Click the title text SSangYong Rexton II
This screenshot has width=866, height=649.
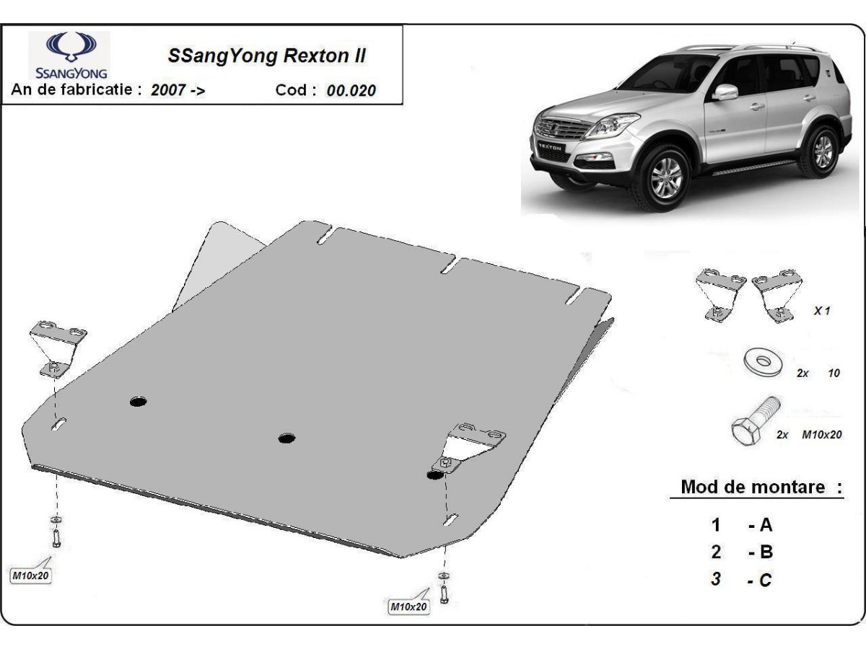pos(267,56)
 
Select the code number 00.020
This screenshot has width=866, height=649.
pos(351,91)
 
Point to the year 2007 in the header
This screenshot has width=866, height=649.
pos(168,90)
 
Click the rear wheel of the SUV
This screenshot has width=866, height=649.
pos(821,151)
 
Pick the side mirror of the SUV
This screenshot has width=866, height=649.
pos(725,92)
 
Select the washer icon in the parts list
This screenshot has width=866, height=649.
pos(763,363)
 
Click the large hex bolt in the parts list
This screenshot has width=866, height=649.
pos(754,421)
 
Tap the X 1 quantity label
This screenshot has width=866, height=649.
pos(822,311)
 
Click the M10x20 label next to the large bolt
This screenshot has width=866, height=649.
pos(822,435)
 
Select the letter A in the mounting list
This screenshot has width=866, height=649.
pos(766,525)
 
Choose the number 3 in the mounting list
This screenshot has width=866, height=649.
pos(716,579)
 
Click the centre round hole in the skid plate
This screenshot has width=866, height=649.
pos(287,438)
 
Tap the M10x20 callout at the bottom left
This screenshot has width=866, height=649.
pos(31,575)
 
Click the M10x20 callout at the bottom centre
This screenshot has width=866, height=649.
pos(408,606)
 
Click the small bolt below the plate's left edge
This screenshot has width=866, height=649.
pos(56,537)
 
